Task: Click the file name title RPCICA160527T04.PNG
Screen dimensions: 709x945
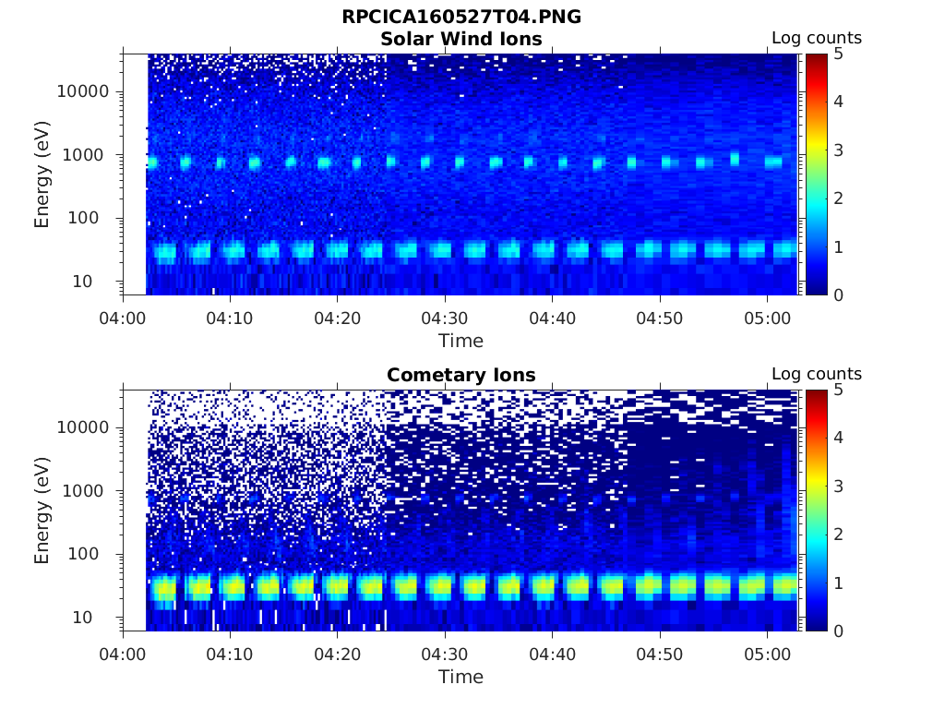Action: (x=461, y=17)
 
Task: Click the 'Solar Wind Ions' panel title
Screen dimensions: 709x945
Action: (x=461, y=39)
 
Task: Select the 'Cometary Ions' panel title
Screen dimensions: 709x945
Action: (x=461, y=375)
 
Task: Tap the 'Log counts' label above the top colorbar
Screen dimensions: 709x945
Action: (x=816, y=38)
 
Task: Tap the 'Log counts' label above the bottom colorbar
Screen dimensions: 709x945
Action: (x=816, y=374)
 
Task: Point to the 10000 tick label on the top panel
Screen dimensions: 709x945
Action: (x=84, y=91)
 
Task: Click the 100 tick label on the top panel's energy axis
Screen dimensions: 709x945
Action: (x=92, y=218)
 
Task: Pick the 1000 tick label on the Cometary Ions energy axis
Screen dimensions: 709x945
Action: (x=89, y=491)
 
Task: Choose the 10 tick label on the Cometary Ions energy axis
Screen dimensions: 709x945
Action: (x=97, y=617)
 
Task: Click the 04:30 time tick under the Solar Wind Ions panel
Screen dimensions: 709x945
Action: (x=446, y=318)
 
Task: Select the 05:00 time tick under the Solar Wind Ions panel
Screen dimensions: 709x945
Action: (x=768, y=318)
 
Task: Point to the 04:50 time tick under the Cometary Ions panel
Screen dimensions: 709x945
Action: (x=661, y=654)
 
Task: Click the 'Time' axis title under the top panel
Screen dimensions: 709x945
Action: (x=461, y=341)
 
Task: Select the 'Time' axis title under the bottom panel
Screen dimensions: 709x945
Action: (x=461, y=677)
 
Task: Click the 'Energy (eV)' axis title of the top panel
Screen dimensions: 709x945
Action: (x=42, y=174)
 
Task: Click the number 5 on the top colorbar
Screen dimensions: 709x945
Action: (x=839, y=54)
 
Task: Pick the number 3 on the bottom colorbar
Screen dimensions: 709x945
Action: (x=839, y=487)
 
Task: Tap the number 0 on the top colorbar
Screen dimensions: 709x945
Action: (x=839, y=294)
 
